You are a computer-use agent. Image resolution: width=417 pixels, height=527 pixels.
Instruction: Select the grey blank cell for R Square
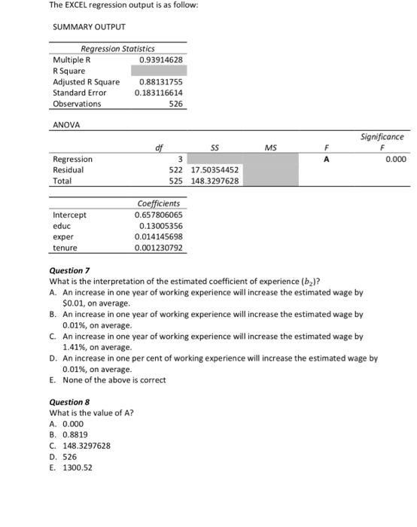(x=157, y=70)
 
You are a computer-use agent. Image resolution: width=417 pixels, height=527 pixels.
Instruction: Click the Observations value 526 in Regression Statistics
(x=175, y=104)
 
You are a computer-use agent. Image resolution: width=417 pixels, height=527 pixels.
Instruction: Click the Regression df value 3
(x=179, y=159)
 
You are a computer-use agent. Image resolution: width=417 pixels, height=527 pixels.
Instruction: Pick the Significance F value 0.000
(x=396, y=159)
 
